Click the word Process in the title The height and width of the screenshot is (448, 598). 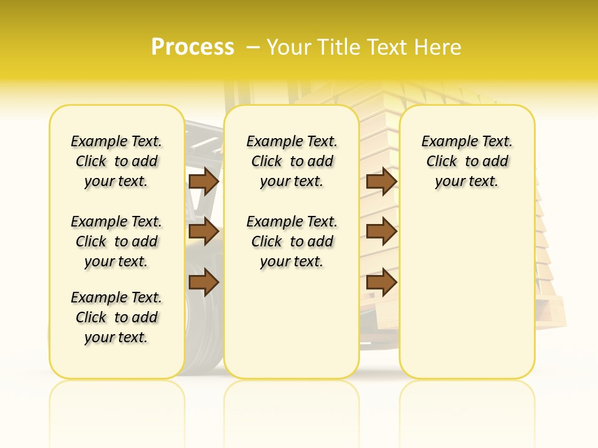click(192, 47)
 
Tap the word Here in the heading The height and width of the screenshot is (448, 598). click(439, 47)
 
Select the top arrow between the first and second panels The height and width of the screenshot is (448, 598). click(204, 182)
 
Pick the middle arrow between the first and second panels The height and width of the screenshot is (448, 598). click(204, 232)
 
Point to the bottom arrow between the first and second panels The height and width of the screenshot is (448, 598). click(204, 282)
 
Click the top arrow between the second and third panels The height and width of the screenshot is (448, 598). click(381, 182)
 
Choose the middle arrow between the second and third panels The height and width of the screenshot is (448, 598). click(381, 232)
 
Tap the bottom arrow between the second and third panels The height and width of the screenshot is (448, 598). click(381, 282)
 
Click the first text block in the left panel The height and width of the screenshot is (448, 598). click(116, 161)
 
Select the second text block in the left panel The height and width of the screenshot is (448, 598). click(116, 241)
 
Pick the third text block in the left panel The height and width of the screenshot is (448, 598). click(116, 317)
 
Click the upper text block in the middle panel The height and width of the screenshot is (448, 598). click(292, 161)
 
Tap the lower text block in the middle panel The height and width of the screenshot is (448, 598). click(292, 241)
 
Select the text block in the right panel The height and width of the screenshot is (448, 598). click(467, 161)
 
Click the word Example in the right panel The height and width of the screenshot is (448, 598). click(445, 142)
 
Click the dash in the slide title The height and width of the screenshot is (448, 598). click(253, 47)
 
